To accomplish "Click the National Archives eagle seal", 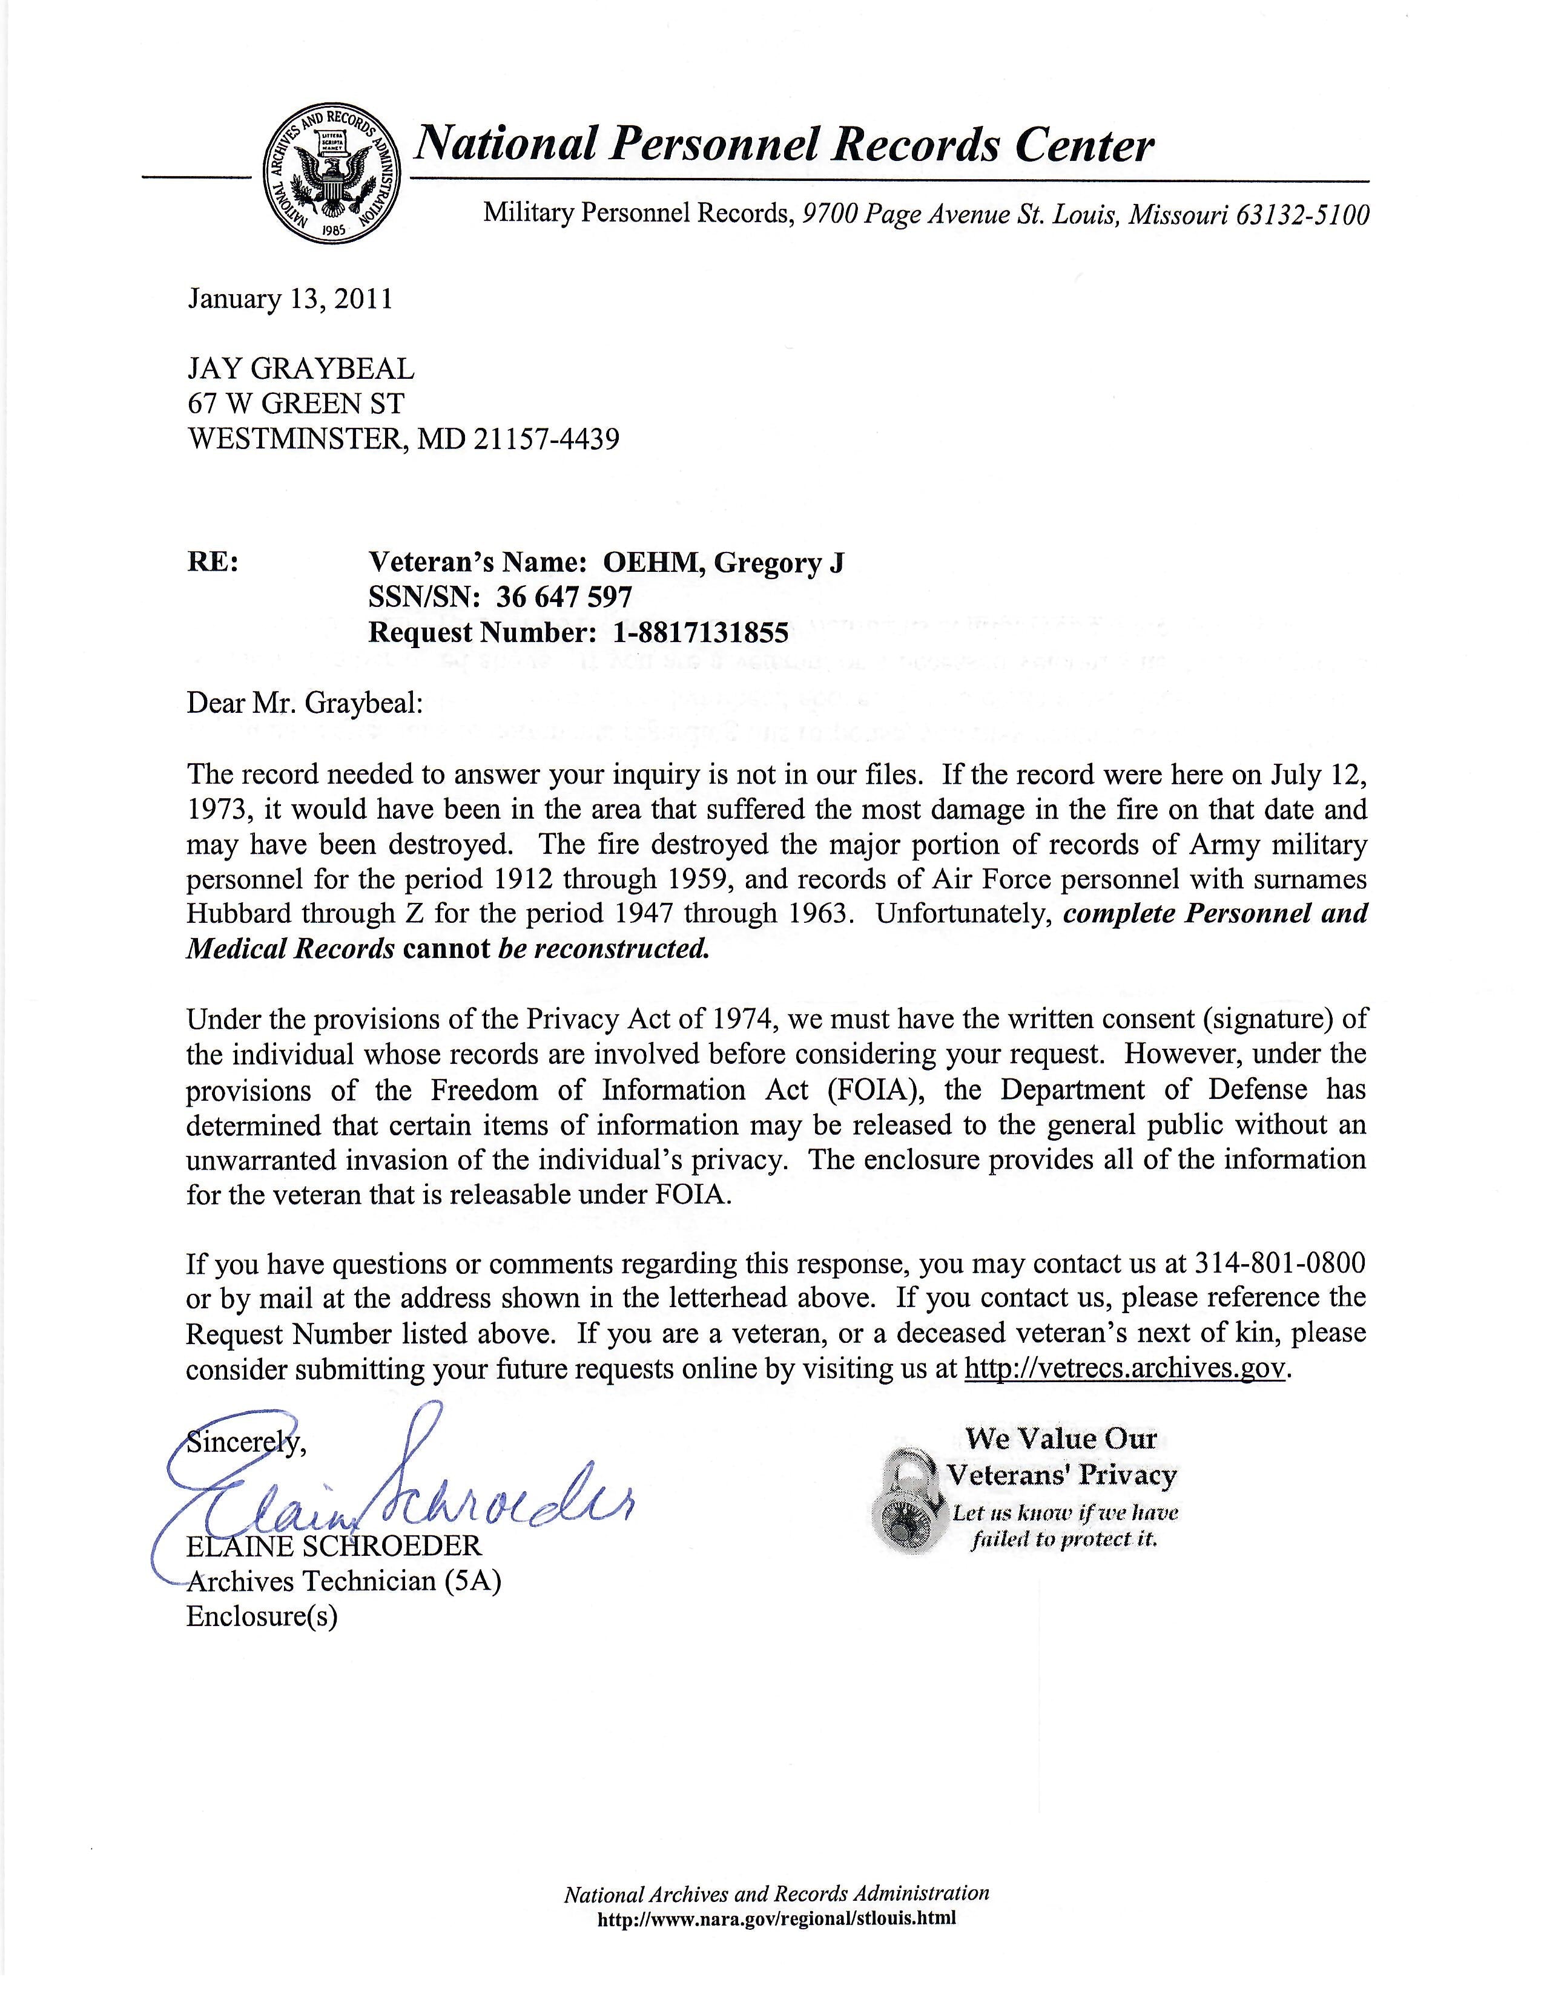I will coord(332,174).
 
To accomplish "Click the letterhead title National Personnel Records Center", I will coord(785,145).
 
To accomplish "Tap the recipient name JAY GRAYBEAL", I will coord(301,369).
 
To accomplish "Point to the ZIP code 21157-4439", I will coord(546,440).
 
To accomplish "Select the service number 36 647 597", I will coord(564,597).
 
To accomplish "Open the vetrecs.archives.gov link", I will coord(1126,1369).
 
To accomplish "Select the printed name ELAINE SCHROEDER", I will coord(334,1546).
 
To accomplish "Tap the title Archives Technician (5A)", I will coord(344,1581).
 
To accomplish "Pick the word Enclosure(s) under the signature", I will coord(263,1616).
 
